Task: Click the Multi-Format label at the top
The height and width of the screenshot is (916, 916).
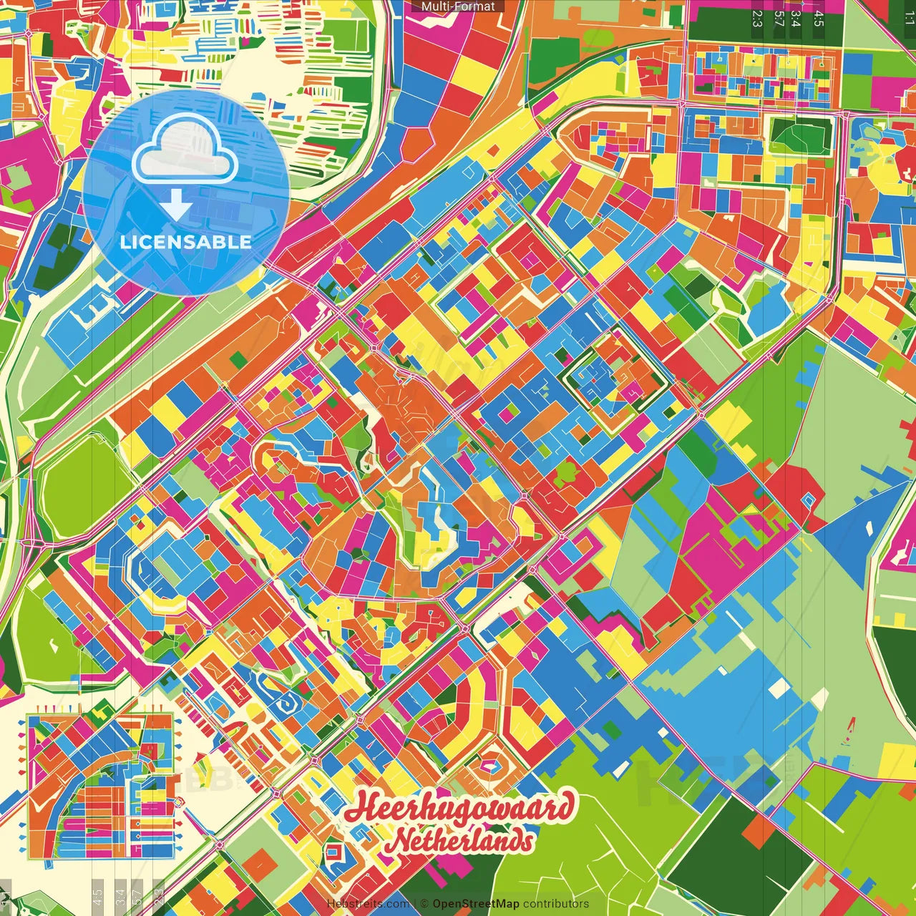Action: click(x=458, y=6)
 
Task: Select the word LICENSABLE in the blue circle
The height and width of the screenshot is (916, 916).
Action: click(x=185, y=242)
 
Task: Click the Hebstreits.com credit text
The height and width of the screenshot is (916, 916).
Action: click(x=368, y=904)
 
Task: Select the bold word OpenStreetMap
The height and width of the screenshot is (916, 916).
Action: click(x=476, y=904)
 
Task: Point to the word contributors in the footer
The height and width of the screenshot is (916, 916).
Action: click(x=556, y=904)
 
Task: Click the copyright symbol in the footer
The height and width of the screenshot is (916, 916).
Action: click(x=424, y=904)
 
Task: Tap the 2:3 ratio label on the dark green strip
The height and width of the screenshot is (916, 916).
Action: click(x=757, y=19)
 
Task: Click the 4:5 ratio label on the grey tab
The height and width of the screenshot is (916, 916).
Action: click(x=819, y=19)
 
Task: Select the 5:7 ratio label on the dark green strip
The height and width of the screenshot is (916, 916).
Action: click(x=779, y=19)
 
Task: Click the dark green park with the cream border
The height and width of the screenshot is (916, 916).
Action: click(x=801, y=135)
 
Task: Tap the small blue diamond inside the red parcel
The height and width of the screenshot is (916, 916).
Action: click(x=809, y=499)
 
